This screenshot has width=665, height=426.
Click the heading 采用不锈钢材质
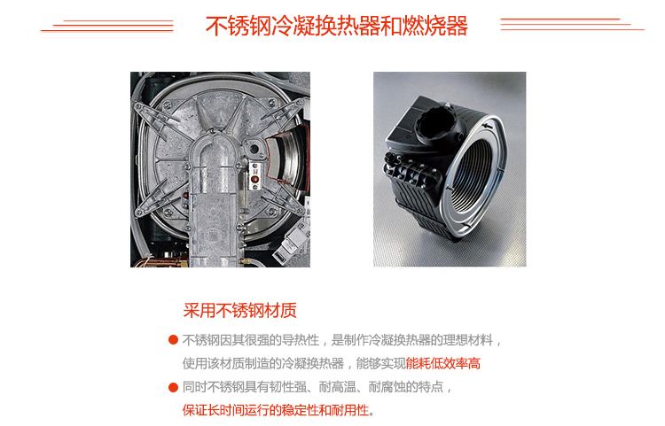point(239,311)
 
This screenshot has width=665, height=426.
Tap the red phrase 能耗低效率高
point(443,363)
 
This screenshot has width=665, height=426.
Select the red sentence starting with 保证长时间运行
point(278,410)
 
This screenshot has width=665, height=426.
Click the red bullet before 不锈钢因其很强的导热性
point(173,340)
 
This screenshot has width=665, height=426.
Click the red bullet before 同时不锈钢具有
point(173,387)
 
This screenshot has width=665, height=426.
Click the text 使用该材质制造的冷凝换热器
point(266,363)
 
